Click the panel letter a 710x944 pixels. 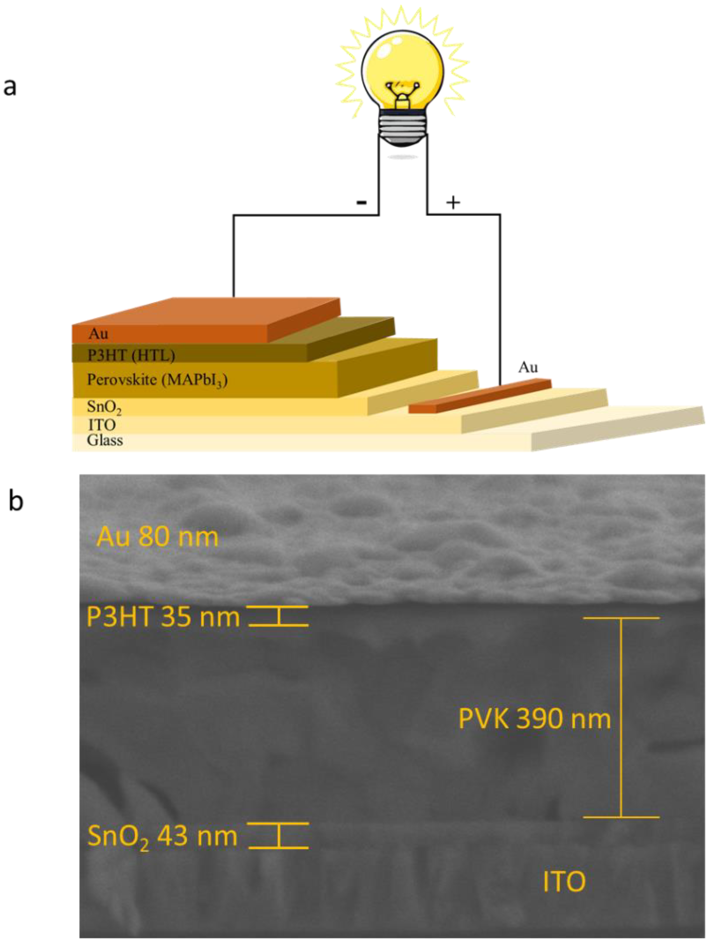[9, 87]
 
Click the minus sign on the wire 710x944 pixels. [361, 202]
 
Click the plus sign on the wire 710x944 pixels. [453, 202]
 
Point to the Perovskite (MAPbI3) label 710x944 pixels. [157, 379]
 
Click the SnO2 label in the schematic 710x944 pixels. [104, 407]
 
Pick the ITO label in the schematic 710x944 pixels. [102, 425]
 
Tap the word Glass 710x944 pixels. [105, 440]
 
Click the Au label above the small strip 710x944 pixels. [528, 367]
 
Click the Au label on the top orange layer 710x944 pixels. [98, 333]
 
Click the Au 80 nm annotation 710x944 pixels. [157, 537]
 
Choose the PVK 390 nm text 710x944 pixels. [534, 719]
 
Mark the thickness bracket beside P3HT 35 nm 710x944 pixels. [279, 616]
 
